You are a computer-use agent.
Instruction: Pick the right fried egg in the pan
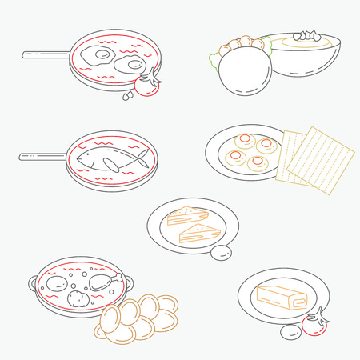[x=128, y=64]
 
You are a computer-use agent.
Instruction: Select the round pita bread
[x=242, y=71]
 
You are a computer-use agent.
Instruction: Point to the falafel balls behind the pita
[x=239, y=44]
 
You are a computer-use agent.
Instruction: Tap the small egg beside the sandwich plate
[x=222, y=254]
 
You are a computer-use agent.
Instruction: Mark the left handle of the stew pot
[x=33, y=283]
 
